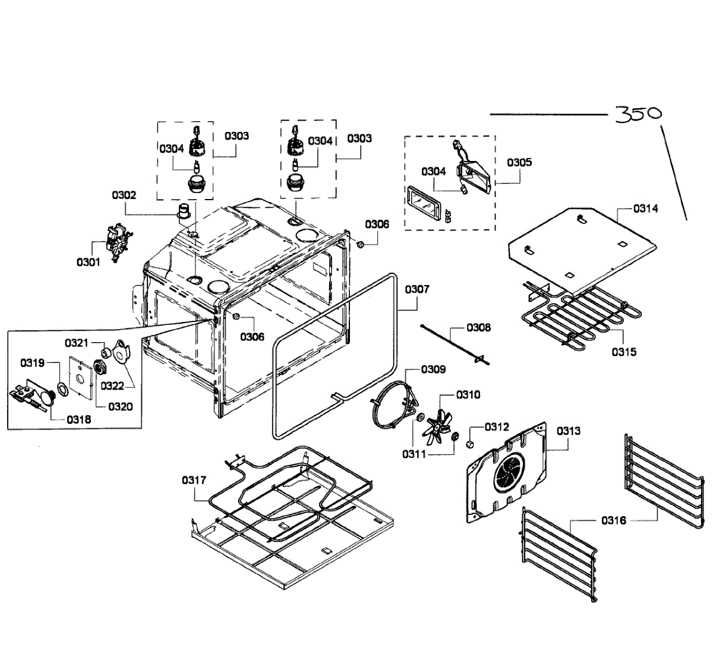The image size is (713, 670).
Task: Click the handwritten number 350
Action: coord(638,114)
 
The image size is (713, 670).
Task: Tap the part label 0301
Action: coord(89,263)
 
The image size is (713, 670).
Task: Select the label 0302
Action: coord(124,195)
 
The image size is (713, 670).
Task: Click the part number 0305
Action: coord(519,163)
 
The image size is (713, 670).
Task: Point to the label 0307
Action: coord(417,289)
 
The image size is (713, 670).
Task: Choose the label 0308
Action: coord(478,327)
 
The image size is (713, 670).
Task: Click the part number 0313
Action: coord(568,431)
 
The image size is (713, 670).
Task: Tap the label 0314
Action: coord(645,208)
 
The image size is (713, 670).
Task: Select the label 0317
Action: coord(194,480)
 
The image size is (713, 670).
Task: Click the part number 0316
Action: coord(614,520)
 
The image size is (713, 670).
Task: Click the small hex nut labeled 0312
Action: coord(469,444)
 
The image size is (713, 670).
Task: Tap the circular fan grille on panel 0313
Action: coord(509,472)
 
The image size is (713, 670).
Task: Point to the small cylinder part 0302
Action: coord(185,211)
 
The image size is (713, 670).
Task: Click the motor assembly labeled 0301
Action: coord(116,243)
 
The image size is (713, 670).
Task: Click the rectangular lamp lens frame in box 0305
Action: coord(422,205)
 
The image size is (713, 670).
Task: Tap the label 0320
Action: coord(120,406)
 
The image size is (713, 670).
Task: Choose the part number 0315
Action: coord(624,352)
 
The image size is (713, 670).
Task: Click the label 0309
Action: coord(433,369)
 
